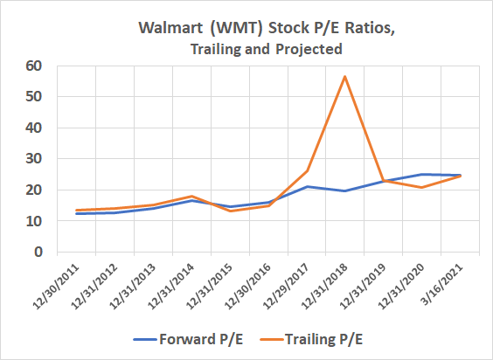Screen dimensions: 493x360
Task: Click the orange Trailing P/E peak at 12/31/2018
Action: click(x=345, y=76)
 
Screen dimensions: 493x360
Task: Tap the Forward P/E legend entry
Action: click(x=188, y=340)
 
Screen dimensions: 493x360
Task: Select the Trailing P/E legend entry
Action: click(x=311, y=340)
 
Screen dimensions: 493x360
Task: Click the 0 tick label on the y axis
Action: click(x=38, y=252)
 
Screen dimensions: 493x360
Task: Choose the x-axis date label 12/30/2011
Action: click(x=56, y=287)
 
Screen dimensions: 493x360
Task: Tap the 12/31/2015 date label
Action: click(x=210, y=287)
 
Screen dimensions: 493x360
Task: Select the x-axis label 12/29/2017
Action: click(x=286, y=287)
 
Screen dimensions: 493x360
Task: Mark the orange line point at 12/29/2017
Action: click(x=307, y=170)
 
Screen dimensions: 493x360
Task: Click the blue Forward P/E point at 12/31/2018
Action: click(x=345, y=190)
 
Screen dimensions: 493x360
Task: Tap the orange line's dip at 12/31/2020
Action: click(x=421, y=187)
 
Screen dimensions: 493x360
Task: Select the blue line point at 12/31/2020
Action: click(x=421, y=174)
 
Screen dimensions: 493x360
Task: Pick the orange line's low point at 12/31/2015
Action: click(x=230, y=211)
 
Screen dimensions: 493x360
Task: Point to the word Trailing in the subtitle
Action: click(x=214, y=49)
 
